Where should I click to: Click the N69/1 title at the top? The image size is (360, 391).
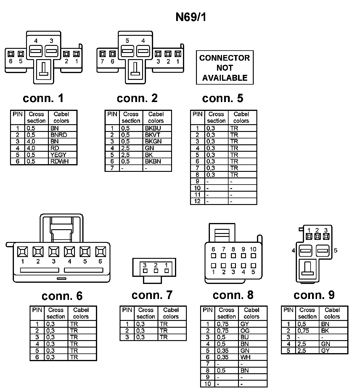[x=191, y=17]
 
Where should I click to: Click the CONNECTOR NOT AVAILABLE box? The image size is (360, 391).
[x=225, y=68]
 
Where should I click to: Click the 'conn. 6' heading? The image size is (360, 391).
[x=62, y=296]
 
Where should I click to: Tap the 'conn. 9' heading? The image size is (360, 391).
[x=314, y=295]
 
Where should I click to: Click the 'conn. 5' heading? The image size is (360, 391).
[x=223, y=98]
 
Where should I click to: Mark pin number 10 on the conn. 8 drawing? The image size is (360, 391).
[x=253, y=249]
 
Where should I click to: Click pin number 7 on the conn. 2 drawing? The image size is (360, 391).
[x=102, y=62]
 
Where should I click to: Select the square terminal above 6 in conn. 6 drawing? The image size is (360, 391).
[x=101, y=252]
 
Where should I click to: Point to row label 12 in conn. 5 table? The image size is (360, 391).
[x=197, y=201]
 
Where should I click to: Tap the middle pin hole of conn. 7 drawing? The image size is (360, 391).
[x=156, y=271]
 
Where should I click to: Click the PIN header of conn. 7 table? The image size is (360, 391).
[x=127, y=310]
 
